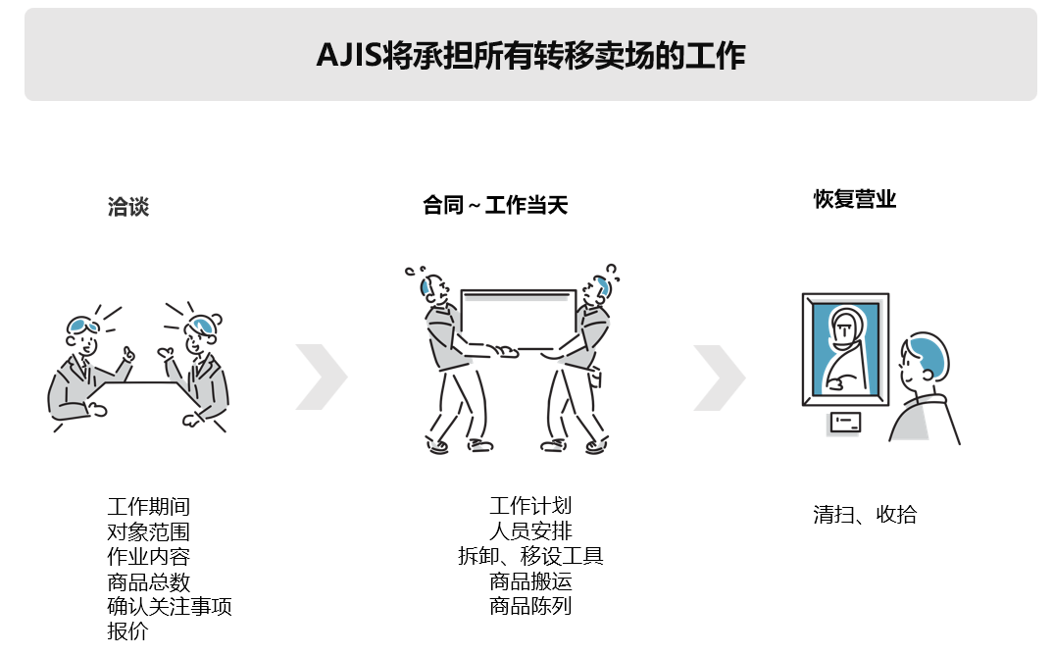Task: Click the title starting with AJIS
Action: [530, 55]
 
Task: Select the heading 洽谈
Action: [128, 206]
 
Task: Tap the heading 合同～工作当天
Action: [495, 205]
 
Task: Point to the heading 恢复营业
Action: [855, 199]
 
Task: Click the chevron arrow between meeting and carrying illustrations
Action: [322, 377]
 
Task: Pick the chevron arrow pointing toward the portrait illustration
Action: [720, 378]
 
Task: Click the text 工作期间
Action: [148, 507]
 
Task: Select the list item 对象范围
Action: [148, 532]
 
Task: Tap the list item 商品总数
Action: [148, 581]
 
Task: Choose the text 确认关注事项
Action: [170, 607]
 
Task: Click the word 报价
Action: [127, 631]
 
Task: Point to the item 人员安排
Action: [530, 530]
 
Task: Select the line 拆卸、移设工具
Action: [530, 556]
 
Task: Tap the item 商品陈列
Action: [530, 606]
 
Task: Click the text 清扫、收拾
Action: [865, 515]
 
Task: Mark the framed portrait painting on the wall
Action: [845, 349]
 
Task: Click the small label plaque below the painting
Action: [845, 422]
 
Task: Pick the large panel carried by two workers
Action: [518, 320]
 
